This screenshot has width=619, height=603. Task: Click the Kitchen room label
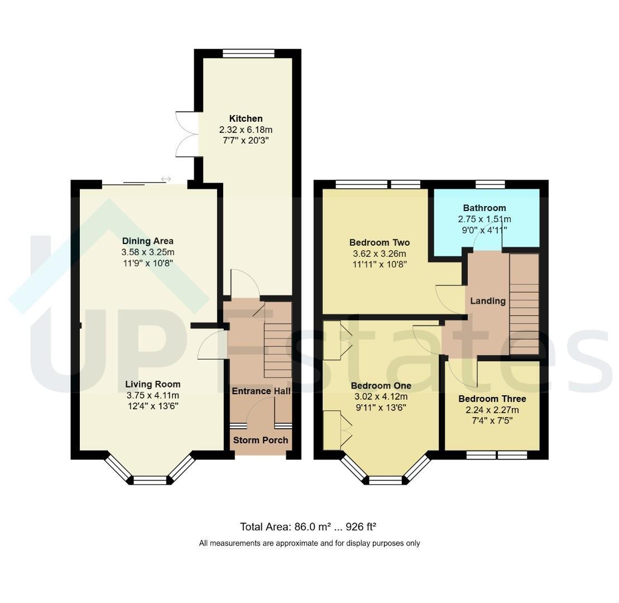(246, 118)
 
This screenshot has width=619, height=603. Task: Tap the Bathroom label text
(484, 208)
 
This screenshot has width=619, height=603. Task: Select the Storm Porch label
(261, 440)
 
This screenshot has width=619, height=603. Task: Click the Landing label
(488, 301)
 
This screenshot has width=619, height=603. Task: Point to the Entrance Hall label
(261, 391)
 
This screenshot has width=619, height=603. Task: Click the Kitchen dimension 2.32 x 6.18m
(246, 130)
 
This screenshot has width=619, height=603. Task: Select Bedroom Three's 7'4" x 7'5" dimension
(492, 420)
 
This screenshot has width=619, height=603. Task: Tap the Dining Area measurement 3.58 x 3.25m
(148, 252)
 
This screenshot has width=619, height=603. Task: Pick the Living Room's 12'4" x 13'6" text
(153, 406)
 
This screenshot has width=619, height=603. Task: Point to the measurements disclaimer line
(309, 543)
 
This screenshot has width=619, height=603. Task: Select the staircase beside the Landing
(524, 304)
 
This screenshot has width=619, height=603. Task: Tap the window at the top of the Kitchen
(248, 53)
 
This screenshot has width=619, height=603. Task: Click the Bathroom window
(490, 184)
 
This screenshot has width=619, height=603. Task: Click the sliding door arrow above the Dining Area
(166, 179)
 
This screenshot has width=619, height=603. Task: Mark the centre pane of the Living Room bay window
(150, 480)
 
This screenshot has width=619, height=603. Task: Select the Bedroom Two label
(380, 242)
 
